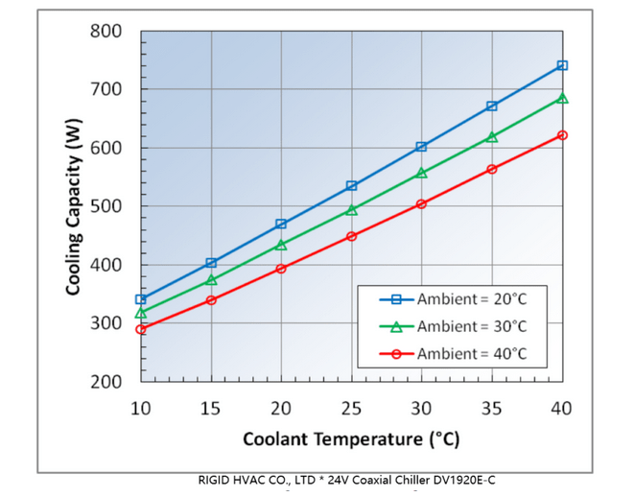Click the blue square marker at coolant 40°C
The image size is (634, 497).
[562, 65]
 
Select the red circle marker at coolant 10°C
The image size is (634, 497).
[141, 329]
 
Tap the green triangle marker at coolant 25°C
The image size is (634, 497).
[351, 209]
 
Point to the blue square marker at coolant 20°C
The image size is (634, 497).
[281, 224]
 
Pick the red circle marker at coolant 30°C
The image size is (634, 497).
[421, 203]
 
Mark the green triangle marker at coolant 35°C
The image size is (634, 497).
[492, 137]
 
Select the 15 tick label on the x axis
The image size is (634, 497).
[211, 409]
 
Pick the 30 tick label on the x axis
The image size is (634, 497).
[421, 409]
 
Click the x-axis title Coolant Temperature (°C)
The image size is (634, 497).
[351, 440]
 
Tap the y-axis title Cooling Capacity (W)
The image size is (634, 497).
[74, 206]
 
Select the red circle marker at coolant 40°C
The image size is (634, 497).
[562, 135]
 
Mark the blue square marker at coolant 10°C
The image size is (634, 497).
[141, 299]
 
